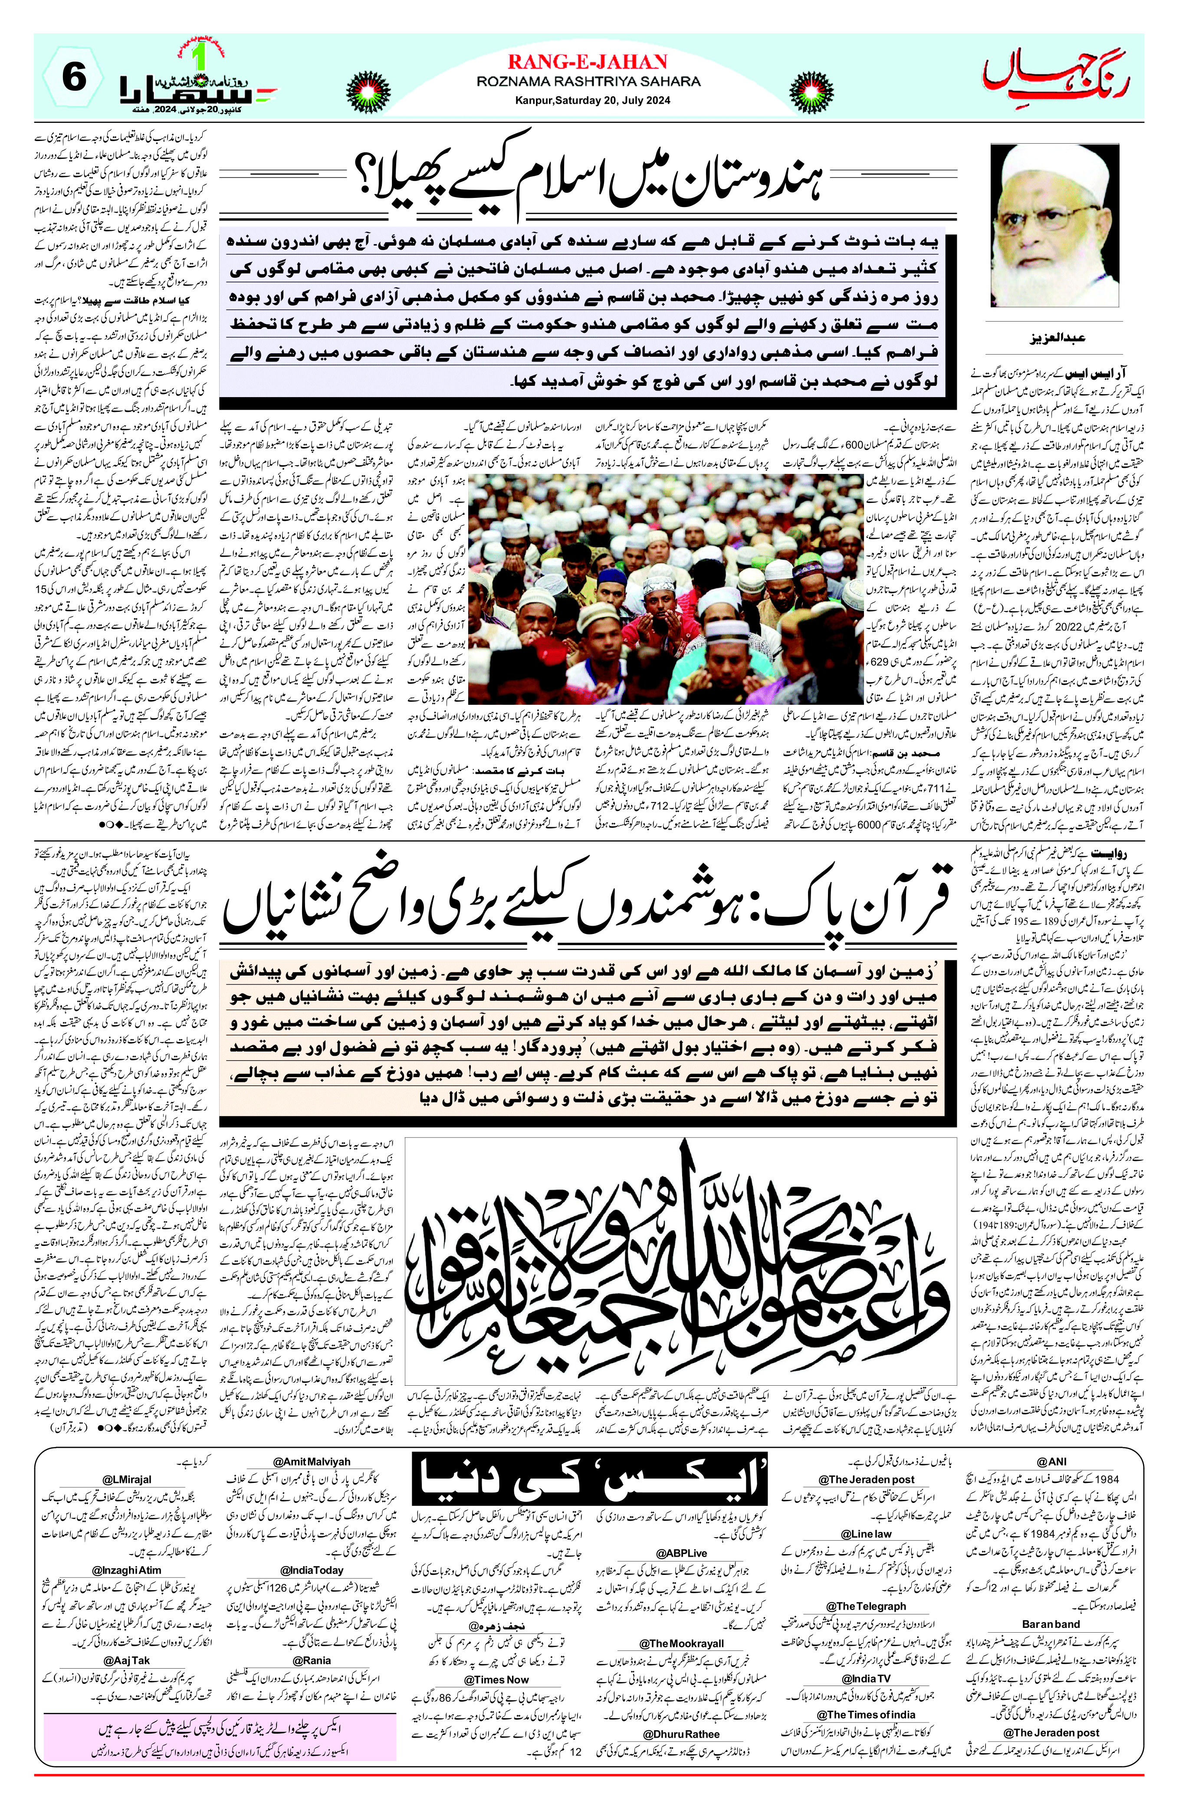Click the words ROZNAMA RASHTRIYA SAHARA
(x=588, y=82)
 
